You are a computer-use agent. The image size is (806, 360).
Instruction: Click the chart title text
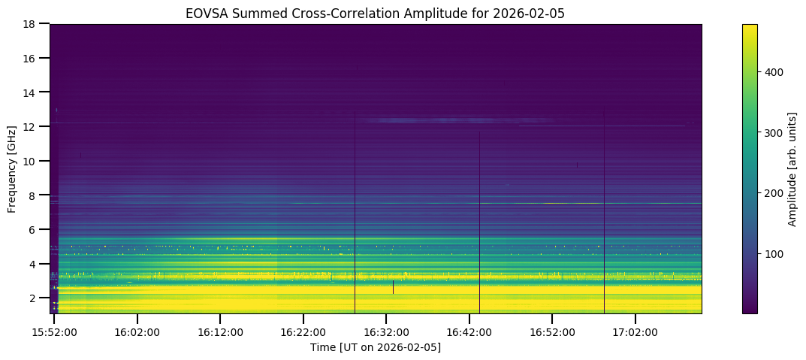(x=376, y=13)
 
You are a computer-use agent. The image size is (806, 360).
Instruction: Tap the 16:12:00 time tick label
(x=220, y=332)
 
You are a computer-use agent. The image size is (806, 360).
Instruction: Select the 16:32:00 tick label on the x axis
(x=386, y=332)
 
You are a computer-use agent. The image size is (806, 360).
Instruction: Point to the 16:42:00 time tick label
(x=469, y=332)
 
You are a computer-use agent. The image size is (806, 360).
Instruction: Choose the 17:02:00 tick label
(x=635, y=332)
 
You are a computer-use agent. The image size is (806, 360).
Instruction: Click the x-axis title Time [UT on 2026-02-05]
(x=376, y=347)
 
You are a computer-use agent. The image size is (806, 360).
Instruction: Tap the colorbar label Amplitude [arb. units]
(x=792, y=169)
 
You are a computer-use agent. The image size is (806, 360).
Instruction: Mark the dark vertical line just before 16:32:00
(x=355, y=210)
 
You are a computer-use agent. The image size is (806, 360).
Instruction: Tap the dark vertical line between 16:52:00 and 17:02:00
(x=604, y=210)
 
